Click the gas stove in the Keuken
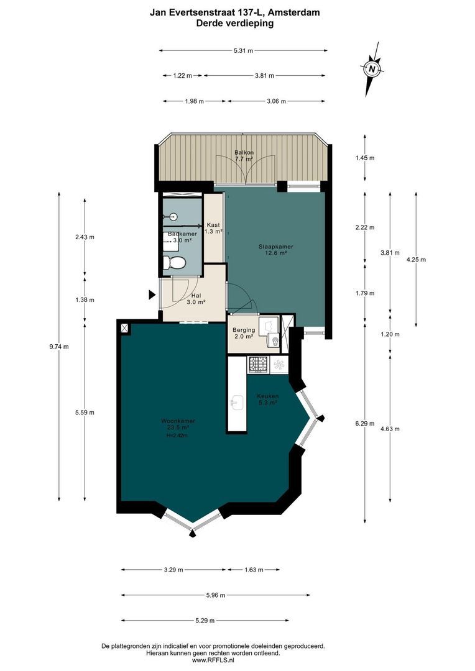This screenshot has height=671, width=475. [x=257, y=365]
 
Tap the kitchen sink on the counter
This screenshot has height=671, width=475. [x=237, y=403]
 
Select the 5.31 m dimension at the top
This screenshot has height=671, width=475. [x=243, y=51]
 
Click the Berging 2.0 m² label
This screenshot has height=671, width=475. [x=242, y=333]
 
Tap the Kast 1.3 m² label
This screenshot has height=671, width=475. [x=214, y=228]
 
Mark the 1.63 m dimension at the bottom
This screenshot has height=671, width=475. [x=254, y=569]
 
